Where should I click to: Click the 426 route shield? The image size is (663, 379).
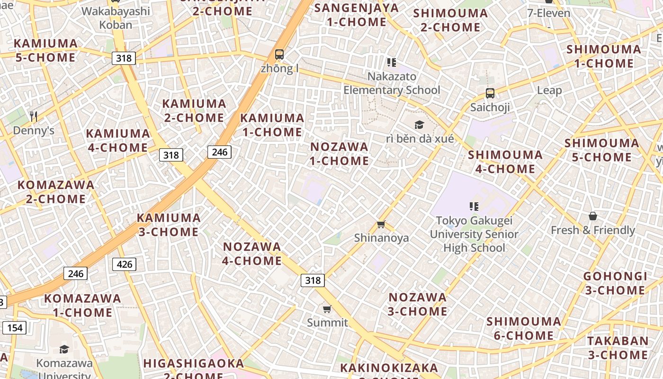click(124, 264)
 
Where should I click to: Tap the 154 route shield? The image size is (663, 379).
click(15, 327)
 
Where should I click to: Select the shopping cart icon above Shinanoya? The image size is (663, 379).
click(381, 224)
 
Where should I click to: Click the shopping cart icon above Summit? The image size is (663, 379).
click(327, 309)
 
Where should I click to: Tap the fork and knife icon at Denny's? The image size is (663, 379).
click(33, 116)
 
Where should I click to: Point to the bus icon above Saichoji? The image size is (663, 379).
click(490, 93)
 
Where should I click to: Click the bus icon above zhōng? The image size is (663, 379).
click(279, 54)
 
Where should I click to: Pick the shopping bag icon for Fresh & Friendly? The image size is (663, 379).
click(592, 217)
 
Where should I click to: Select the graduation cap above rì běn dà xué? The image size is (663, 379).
click(419, 125)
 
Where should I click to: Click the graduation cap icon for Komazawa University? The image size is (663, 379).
click(64, 350)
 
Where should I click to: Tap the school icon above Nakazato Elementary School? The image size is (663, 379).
click(391, 63)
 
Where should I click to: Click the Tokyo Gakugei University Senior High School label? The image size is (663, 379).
click(474, 234)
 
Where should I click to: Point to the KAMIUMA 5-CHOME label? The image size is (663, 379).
click(45, 51)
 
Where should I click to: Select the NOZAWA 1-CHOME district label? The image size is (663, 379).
click(339, 153)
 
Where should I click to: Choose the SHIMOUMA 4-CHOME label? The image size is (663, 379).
click(505, 162)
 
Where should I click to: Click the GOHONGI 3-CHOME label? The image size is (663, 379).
click(615, 283)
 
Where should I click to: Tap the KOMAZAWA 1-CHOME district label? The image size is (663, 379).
click(83, 305)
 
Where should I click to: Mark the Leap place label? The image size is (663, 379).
click(549, 90)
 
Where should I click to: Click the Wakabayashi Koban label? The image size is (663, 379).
click(116, 18)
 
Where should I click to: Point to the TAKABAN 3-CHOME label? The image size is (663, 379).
click(618, 348)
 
